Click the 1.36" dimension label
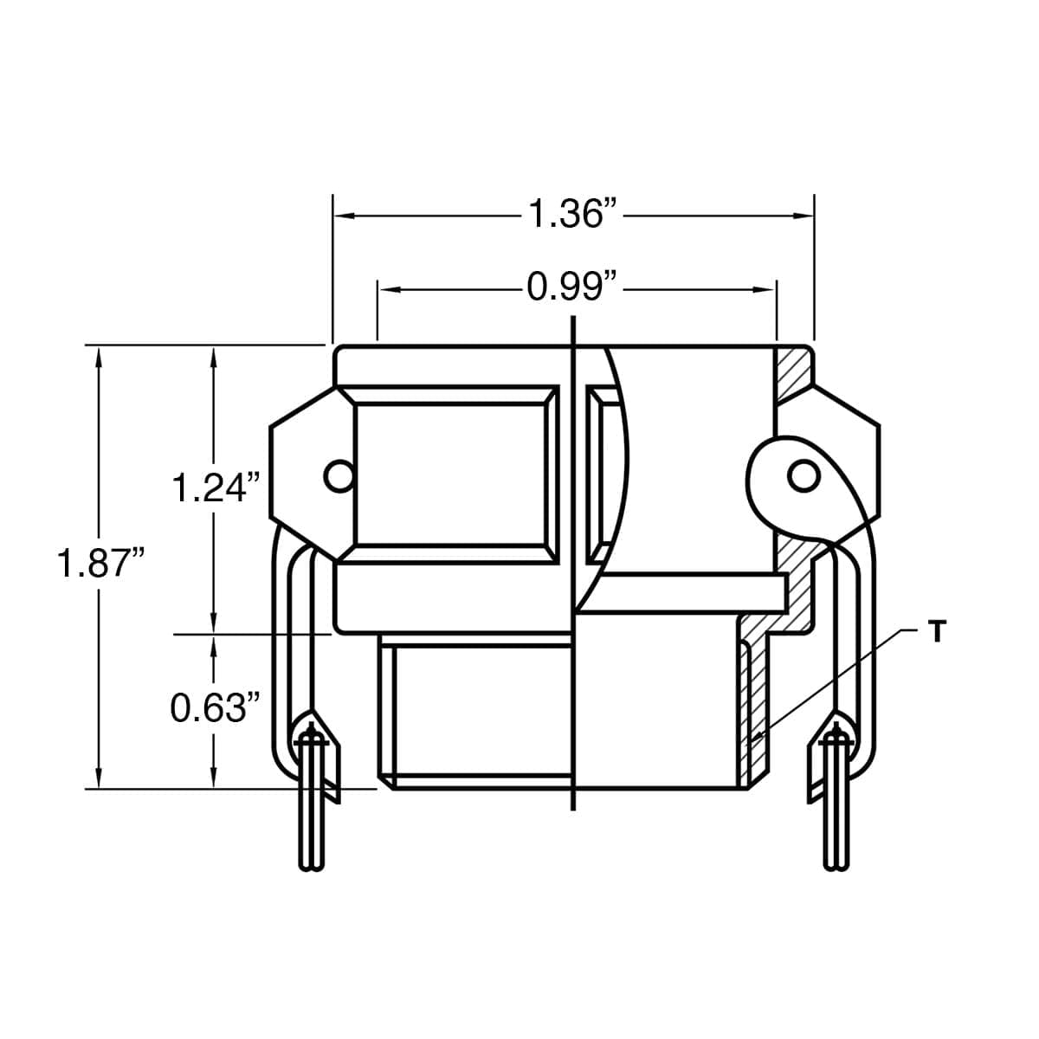point(572,214)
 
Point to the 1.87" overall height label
point(100,563)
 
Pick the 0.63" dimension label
point(215,707)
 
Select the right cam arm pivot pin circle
point(803,475)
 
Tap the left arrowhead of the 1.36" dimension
point(345,216)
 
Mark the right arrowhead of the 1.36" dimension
point(803,216)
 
